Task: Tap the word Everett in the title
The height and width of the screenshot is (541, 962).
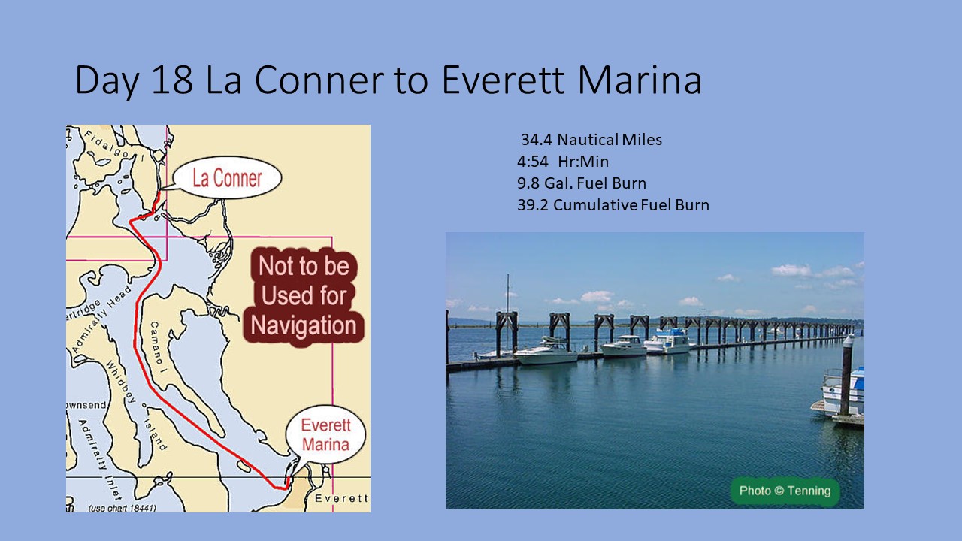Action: pos(503,80)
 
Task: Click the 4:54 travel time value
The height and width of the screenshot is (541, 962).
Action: pos(533,162)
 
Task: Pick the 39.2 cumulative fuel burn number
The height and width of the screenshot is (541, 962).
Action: pos(533,205)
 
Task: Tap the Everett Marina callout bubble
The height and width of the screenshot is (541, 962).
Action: pos(325,434)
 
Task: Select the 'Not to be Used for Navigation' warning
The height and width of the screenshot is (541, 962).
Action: pos(304,296)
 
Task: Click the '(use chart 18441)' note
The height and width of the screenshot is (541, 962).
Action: pos(122,508)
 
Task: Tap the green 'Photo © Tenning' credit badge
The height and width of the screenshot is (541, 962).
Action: pos(785,491)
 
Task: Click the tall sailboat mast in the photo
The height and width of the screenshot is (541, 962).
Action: pos(507,311)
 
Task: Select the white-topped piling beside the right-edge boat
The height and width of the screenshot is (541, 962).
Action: pos(847,376)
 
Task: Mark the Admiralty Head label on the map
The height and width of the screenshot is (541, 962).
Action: pos(102,319)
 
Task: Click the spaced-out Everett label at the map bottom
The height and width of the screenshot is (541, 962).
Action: pos(341,498)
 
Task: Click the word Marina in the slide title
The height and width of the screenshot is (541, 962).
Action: pos(640,80)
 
